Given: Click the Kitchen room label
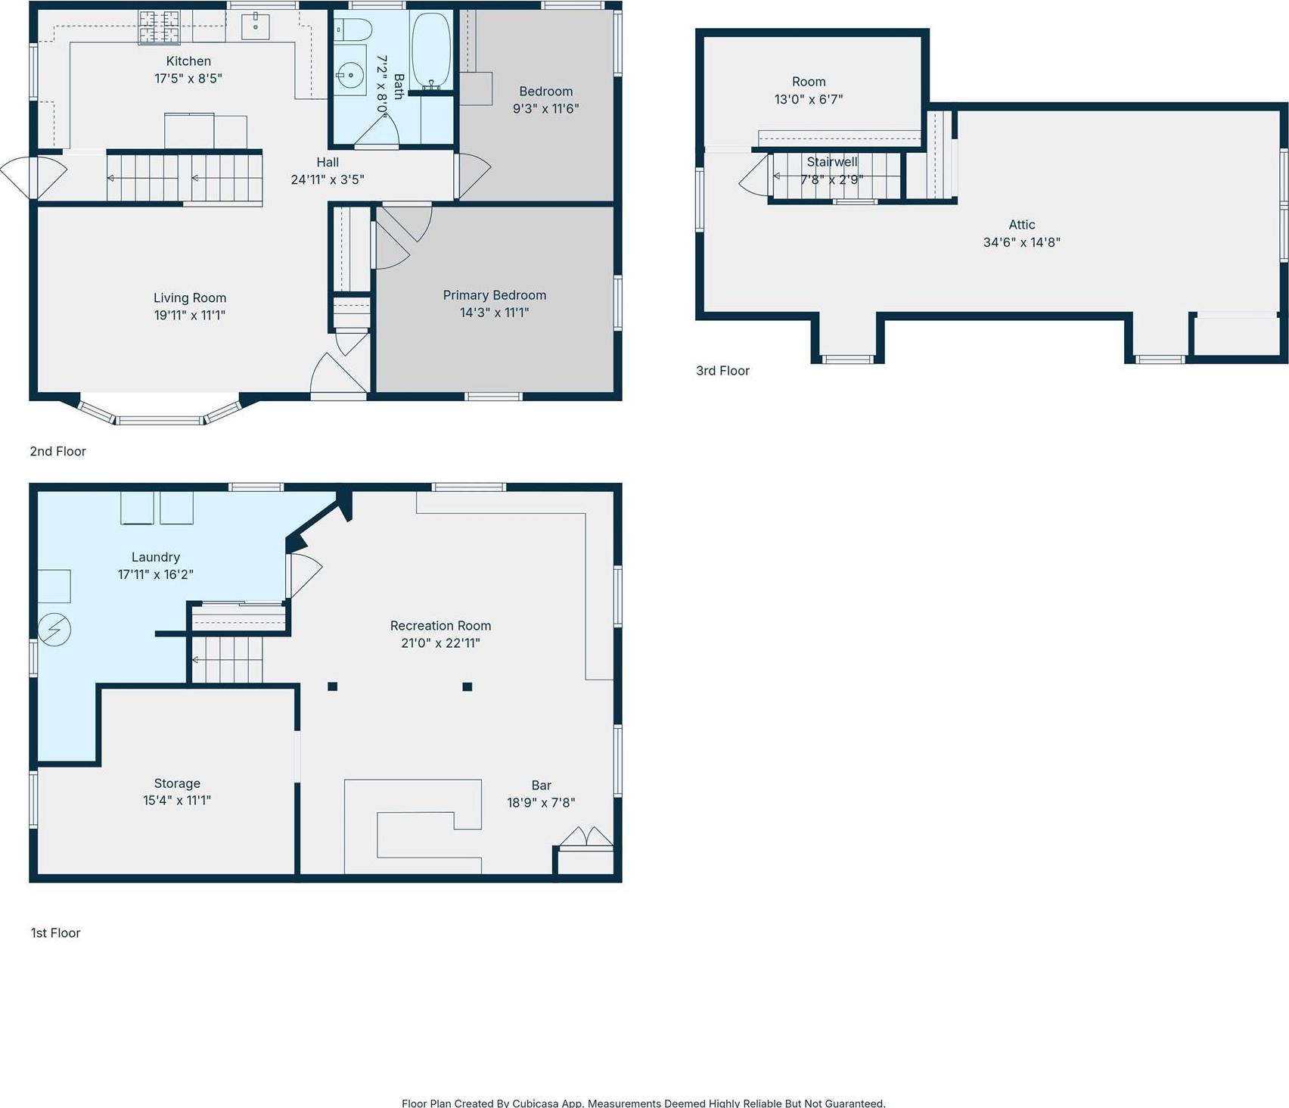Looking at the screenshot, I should point(188,61).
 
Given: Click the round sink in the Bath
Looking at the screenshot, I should point(349,76).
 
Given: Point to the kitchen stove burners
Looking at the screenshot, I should point(158,27).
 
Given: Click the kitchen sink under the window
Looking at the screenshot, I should point(256,26).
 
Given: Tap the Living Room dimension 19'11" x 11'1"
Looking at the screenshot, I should point(190,315).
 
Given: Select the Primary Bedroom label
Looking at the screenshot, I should point(494,295).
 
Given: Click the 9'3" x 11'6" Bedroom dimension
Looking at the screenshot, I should point(545,108).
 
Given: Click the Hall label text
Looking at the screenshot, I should point(328,162).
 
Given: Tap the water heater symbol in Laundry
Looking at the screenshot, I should point(54,630).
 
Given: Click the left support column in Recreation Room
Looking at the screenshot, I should point(332,686).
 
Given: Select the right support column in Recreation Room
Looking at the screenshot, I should point(467,686).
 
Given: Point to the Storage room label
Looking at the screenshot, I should point(177,783).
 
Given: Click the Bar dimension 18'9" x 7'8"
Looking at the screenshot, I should point(541,802).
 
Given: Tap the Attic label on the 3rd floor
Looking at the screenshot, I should point(1021,225).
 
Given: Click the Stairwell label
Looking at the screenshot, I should point(831,162).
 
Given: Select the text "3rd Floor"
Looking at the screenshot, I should point(722,371).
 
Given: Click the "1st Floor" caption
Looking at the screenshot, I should point(55,933).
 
